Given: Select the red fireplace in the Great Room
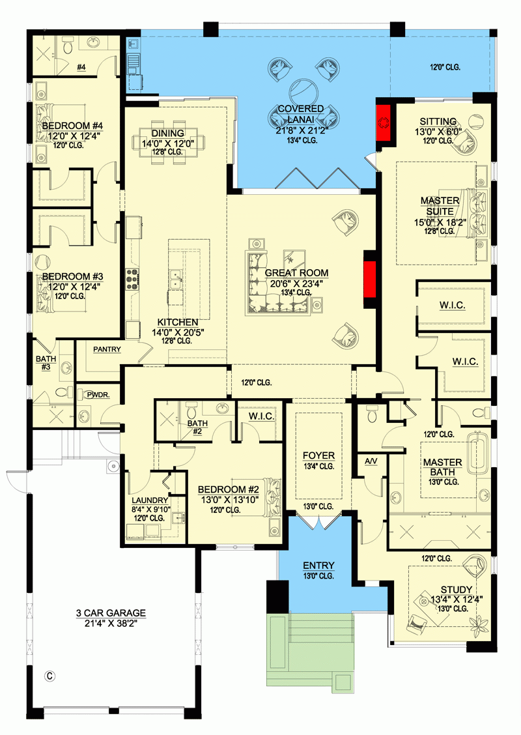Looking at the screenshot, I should pos(371,280).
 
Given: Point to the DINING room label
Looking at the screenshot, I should pos(168,134).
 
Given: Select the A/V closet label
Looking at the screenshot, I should pos(371,461).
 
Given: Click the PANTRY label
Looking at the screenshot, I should pos(107,350).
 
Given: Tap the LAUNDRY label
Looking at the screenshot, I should pos(150,500).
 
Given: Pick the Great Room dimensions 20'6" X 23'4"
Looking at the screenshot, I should pos(296,283).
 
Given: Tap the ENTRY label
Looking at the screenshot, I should pos(318,566).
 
